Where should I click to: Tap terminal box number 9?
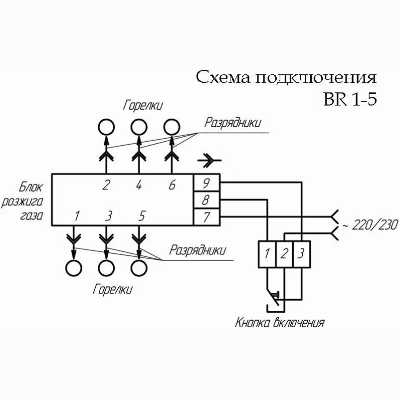(x=205, y=183)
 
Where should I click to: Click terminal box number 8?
(x=205, y=200)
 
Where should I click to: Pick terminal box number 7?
(x=205, y=217)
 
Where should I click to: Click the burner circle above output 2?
(x=105, y=127)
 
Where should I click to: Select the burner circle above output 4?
(x=138, y=127)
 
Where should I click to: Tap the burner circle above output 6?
(x=171, y=127)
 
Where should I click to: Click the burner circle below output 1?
(x=74, y=268)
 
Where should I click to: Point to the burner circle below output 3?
(x=106, y=268)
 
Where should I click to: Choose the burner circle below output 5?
(x=139, y=268)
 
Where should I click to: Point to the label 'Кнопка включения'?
(x=280, y=322)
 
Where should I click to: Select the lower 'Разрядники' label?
(x=196, y=249)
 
